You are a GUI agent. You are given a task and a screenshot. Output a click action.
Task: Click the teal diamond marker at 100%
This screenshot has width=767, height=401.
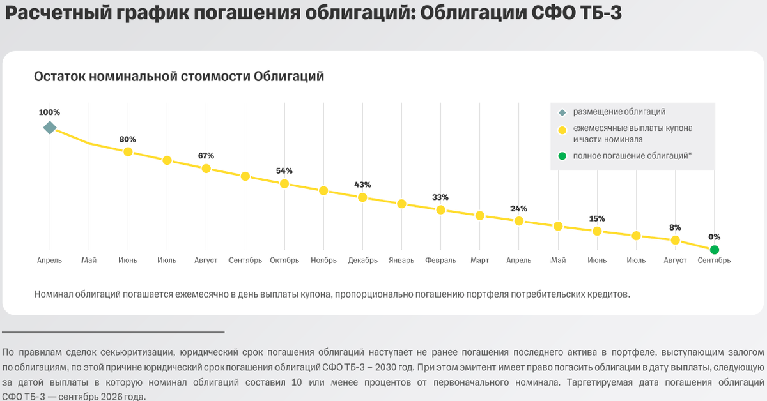click(50, 128)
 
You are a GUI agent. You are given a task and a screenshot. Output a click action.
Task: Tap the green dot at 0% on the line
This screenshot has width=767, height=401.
click(715, 250)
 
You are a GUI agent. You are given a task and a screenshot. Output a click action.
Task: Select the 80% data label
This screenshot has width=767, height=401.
click(128, 139)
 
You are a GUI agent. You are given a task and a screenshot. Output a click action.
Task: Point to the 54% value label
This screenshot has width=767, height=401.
click(284, 170)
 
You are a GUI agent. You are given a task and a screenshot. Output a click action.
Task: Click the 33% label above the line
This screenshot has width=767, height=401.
click(440, 197)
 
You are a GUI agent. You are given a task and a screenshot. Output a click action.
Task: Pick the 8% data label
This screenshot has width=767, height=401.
click(675, 227)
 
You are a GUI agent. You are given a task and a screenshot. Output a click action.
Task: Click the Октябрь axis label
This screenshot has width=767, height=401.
click(284, 261)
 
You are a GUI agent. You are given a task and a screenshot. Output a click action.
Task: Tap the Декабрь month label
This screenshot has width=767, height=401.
click(362, 261)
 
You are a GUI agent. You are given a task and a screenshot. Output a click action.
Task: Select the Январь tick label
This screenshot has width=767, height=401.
click(401, 261)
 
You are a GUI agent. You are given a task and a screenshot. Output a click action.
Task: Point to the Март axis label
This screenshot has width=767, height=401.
click(479, 261)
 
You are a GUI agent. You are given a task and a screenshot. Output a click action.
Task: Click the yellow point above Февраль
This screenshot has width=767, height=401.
click(440, 209)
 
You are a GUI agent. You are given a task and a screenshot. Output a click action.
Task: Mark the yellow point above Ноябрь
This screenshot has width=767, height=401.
click(323, 191)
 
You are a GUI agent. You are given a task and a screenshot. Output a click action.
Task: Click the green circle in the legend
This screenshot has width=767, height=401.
click(562, 156)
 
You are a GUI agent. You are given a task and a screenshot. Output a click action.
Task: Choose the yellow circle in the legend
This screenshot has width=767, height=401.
click(562, 130)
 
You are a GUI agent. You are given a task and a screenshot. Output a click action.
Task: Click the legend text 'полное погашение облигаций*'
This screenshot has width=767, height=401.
click(632, 156)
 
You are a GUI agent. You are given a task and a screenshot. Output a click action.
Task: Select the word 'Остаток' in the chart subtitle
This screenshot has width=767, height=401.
click(59, 77)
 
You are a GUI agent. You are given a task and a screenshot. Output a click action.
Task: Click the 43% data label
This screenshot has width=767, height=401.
click(362, 185)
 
